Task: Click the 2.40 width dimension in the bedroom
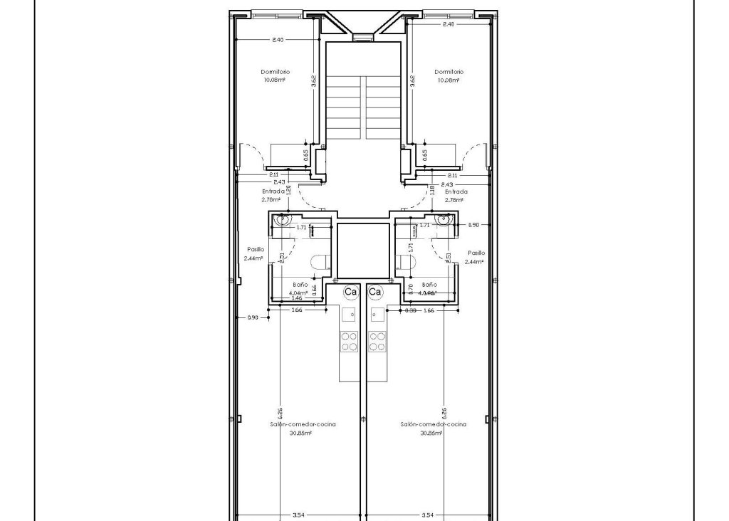point(278,40)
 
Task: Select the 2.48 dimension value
point(449,24)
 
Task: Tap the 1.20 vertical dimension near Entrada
point(289,191)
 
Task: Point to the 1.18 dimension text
point(432,190)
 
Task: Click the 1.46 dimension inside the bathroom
point(297,298)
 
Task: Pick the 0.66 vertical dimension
point(315,288)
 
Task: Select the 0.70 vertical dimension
point(411,288)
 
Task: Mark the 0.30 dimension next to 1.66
point(411,311)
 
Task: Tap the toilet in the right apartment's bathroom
point(406,263)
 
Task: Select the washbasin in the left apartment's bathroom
point(284,220)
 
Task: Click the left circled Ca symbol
point(350,292)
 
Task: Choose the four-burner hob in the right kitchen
point(377,342)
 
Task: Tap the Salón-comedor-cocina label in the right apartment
point(433,424)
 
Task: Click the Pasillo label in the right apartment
point(476,253)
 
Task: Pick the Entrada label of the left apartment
point(273,191)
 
